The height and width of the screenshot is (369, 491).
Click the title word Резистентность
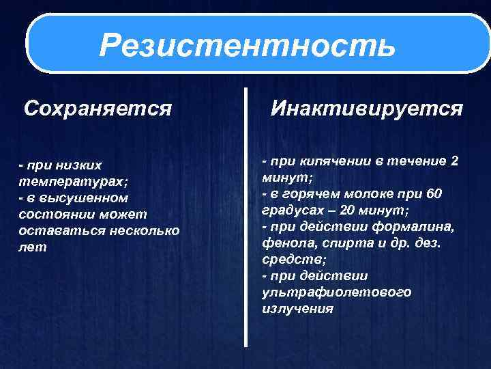click(x=247, y=46)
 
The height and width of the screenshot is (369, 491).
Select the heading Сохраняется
click(x=98, y=108)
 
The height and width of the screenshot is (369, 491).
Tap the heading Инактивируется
click(x=367, y=108)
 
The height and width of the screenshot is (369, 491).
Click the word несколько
click(x=143, y=231)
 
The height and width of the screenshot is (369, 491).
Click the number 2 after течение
click(x=455, y=161)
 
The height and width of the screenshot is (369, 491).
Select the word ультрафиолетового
click(x=336, y=292)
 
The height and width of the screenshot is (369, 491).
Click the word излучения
click(x=297, y=308)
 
